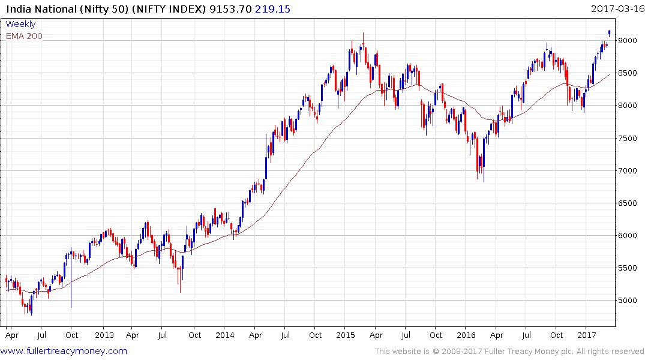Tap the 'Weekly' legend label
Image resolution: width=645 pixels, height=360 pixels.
(x=20, y=24)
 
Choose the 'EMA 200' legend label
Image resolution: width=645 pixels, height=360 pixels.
(x=24, y=36)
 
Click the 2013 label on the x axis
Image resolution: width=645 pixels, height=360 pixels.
(x=104, y=335)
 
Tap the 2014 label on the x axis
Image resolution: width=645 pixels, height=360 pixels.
(x=225, y=335)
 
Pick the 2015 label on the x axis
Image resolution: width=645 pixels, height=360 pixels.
(x=346, y=335)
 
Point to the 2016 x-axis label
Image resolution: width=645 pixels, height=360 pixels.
(x=466, y=335)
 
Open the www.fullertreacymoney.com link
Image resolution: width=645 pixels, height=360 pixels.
(x=64, y=351)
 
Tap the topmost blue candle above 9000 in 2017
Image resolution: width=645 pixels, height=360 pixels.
(x=610, y=33)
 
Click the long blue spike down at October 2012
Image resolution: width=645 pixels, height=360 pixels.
(x=71, y=288)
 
